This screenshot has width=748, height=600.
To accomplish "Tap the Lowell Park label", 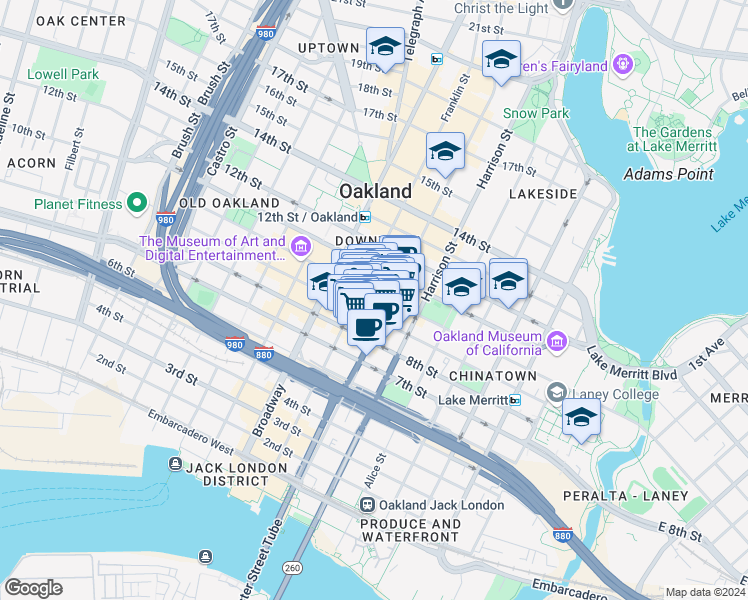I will click(63, 74).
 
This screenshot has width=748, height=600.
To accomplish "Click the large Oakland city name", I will click(375, 191).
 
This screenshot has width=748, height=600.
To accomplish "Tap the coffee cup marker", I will click(367, 325).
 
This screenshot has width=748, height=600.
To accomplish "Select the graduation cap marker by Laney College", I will click(580, 418).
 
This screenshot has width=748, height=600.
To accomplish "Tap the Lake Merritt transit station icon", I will click(515, 400).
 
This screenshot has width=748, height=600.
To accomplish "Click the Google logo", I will click(33, 588).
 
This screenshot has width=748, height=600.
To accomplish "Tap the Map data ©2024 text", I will click(705, 592).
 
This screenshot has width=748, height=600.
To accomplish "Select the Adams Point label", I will click(668, 173).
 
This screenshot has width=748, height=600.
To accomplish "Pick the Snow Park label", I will click(535, 113).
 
